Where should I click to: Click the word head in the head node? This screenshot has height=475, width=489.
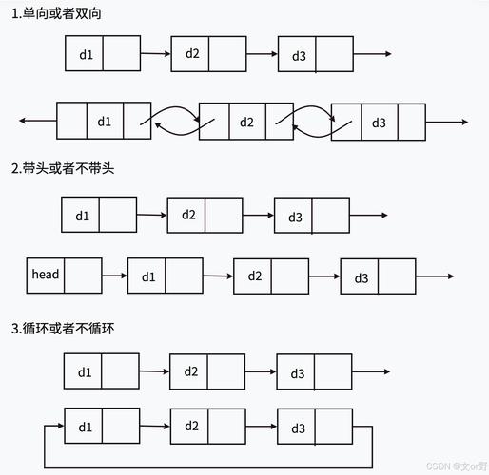45,275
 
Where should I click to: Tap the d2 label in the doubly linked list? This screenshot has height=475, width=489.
246,122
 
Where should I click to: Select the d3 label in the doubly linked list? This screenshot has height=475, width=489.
379,122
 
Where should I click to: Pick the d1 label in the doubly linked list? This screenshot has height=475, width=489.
104,122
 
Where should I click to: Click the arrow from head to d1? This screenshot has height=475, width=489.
114,275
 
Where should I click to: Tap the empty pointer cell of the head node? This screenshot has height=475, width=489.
83,275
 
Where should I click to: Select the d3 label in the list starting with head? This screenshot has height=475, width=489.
361,277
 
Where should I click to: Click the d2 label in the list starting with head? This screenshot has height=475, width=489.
254,275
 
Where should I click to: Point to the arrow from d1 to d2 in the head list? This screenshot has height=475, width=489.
218,276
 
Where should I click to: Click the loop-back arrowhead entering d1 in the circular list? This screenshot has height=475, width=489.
59,426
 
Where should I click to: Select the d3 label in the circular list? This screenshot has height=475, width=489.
298,427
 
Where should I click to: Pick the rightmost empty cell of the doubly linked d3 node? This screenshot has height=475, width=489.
411,122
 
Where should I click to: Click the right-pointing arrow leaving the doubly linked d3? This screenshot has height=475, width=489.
446,122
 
